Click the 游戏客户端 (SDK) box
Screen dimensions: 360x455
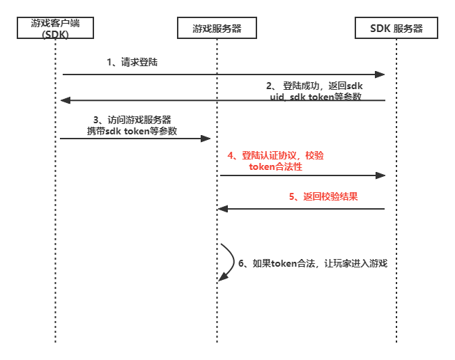[x=55, y=28]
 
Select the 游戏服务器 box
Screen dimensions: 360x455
[x=217, y=28]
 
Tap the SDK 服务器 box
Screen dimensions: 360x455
[x=396, y=28]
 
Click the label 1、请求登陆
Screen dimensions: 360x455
[x=132, y=62]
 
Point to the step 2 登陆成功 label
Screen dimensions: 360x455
[x=315, y=91]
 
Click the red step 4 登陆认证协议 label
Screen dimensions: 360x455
[x=276, y=162]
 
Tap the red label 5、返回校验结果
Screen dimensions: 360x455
[x=323, y=196]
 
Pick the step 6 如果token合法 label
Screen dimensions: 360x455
[x=312, y=263]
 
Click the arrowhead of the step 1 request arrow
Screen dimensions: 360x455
[x=380, y=74]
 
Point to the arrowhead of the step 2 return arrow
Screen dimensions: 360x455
[x=65, y=100]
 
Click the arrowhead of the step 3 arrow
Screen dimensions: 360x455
[x=206, y=139]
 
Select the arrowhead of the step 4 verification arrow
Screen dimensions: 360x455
[x=380, y=175]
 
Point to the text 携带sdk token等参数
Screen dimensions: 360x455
[x=132, y=131]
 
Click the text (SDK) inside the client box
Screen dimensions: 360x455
[x=55, y=34]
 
